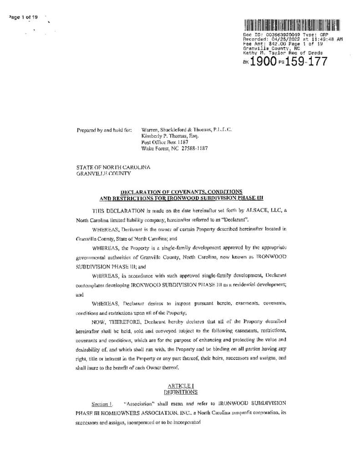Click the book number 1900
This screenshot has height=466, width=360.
[x=263, y=61]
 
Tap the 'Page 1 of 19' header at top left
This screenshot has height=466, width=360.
[x=23, y=17]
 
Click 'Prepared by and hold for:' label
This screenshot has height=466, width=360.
[x=104, y=130]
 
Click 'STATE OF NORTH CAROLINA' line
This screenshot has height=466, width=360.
[x=113, y=167]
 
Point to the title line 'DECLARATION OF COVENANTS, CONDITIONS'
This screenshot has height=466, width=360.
[x=181, y=192]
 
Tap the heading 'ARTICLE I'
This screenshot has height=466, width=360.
[x=181, y=385]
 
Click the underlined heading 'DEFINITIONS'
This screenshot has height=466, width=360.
[x=181, y=391]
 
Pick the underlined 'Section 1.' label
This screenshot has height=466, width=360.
[x=102, y=404]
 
